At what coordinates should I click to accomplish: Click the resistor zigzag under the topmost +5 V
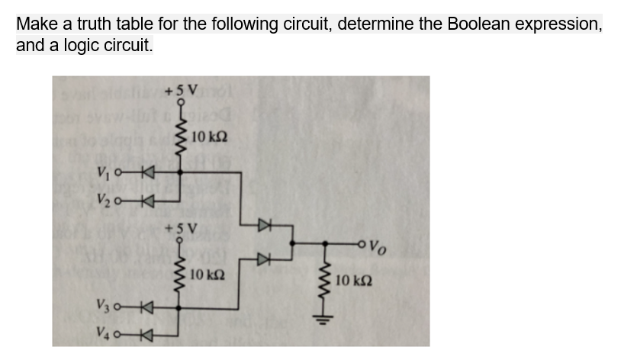(x=180, y=137)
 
